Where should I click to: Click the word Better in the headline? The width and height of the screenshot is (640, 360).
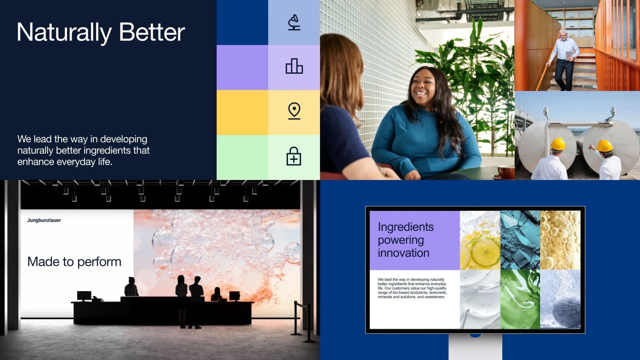152,32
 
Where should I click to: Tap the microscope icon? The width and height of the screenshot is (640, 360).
294,22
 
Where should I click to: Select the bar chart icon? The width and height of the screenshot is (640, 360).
294,66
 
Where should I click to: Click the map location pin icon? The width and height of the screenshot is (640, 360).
294,111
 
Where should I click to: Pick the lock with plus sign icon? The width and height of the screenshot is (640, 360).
294,156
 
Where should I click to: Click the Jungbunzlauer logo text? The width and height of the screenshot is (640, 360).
44,220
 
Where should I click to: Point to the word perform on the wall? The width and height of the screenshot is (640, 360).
99,262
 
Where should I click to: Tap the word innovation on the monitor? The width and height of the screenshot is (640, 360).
403,253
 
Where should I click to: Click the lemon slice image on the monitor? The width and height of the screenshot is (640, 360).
480,240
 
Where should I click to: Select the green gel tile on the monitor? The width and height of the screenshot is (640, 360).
520,299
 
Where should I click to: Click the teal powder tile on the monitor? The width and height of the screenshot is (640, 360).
520,240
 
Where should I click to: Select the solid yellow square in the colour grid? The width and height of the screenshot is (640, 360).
242,112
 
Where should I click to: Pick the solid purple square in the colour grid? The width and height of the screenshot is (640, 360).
242,67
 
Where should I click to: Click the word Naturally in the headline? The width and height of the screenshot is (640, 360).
64,33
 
